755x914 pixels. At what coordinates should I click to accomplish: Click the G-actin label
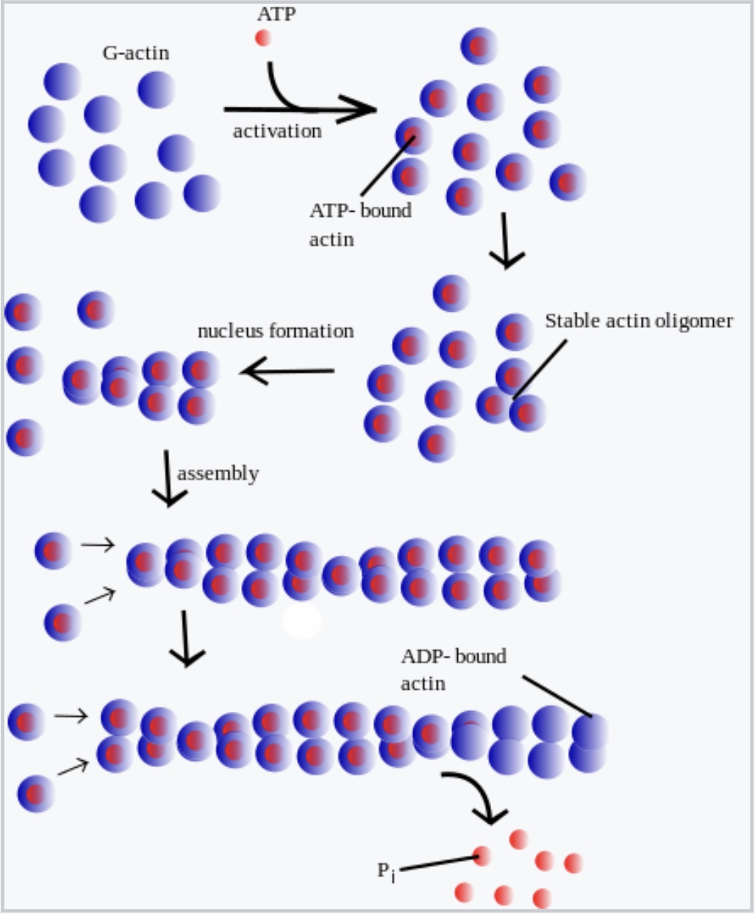click(x=136, y=54)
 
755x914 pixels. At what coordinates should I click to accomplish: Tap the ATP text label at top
click(x=276, y=14)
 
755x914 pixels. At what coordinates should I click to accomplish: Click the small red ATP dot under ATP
click(x=262, y=38)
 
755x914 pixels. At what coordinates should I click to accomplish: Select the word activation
click(x=277, y=131)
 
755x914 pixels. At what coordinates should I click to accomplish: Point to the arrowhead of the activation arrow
click(x=365, y=110)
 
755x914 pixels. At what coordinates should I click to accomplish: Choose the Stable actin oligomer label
click(x=638, y=321)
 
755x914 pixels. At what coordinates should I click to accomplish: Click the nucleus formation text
click(x=276, y=331)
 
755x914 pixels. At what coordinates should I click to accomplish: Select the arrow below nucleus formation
click(x=287, y=371)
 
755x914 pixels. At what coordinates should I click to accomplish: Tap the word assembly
click(x=218, y=473)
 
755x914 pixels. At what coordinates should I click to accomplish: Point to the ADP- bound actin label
click(x=453, y=669)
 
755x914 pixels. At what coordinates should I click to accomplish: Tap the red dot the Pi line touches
click(x=482, y=856)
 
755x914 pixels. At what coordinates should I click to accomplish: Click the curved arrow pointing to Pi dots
click(x=478, y=794)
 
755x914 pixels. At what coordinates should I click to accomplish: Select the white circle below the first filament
click(x=302, y=621)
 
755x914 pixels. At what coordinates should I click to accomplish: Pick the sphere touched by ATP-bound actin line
click(x=413, y=136)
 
